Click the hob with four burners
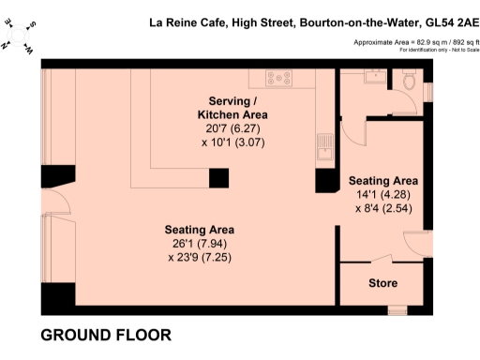280,79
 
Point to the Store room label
382,282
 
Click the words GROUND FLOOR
106,335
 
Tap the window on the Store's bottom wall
397,310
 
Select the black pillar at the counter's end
218,178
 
